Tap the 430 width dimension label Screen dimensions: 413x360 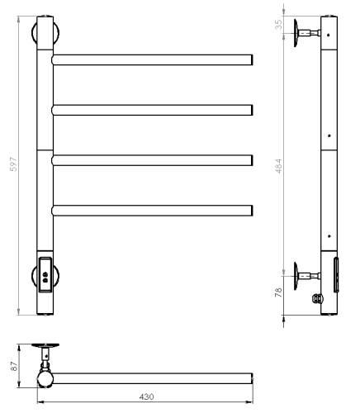145,396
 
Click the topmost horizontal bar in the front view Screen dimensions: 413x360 153,59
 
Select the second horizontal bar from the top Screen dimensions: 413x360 153,109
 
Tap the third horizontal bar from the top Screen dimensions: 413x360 153,158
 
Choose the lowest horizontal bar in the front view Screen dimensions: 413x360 153,208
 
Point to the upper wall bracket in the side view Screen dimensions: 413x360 306,33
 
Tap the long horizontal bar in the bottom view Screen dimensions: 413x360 153,379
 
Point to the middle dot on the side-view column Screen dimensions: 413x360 329,135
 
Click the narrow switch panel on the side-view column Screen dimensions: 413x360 335,273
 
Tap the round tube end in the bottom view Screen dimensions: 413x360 45,379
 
